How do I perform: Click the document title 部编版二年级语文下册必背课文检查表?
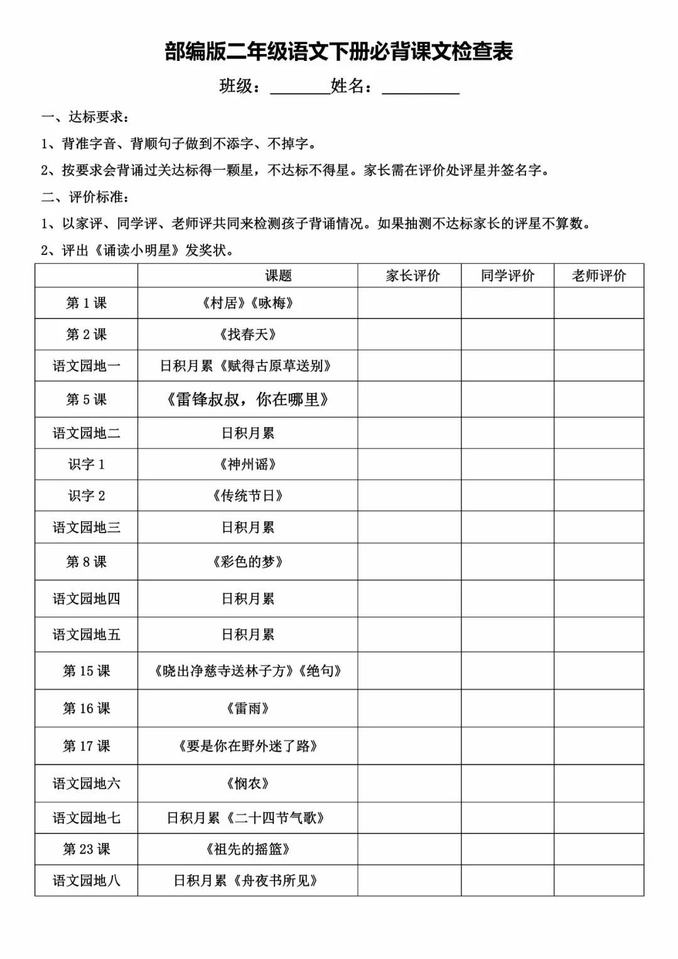point(339,51)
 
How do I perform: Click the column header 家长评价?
point(412,276)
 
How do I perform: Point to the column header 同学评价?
point(507,276)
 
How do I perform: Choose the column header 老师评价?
point(599,276)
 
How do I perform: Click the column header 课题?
point(278,276)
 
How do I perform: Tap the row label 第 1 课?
point(87,303)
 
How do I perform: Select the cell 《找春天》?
point(248,334)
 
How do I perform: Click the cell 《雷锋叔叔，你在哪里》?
point(248,399)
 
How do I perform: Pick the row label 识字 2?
point(87,496)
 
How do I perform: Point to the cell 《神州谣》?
point(248,464)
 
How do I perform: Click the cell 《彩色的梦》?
point(248,561)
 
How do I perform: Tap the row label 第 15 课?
point(87,671)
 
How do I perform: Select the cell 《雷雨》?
point(248,708)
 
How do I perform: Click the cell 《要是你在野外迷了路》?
point(248,746)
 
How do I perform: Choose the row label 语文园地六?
point(87,783)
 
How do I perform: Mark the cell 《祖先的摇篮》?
point(248,849)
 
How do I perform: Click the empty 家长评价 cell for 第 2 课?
point(409,334)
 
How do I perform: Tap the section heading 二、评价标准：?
point(86,197)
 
